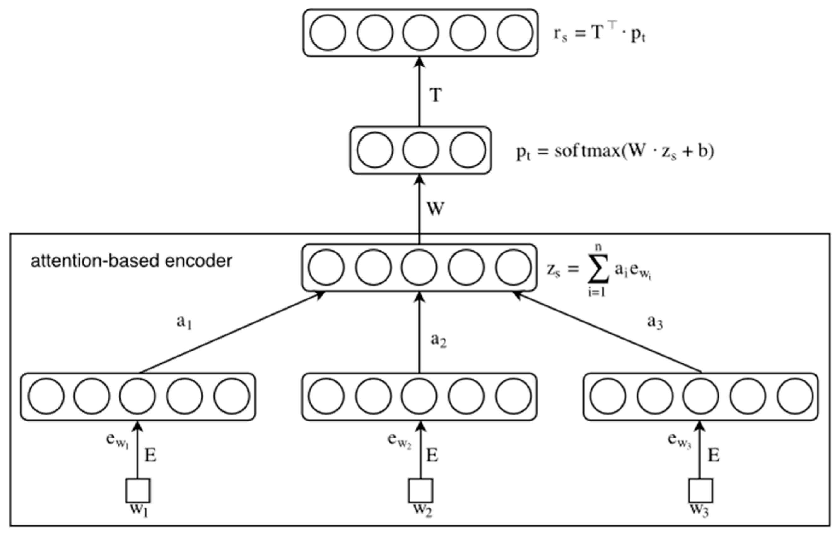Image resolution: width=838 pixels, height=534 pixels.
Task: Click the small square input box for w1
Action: coord(138,490)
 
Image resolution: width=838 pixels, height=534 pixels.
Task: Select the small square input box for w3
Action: coord(701,490)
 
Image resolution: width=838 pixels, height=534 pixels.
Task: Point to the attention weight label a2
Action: coord(439,341)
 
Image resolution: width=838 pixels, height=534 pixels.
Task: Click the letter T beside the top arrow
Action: coord(436,95)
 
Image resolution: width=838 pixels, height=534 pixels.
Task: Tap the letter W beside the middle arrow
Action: coord(436,209)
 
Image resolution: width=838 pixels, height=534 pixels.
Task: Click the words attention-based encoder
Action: coord(131,261)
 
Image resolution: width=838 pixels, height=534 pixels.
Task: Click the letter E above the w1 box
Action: coord(150,455)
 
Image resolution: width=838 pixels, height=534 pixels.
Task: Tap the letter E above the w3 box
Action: coord(713,455)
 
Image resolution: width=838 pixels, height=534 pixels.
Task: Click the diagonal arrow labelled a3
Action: coord(608,333)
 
